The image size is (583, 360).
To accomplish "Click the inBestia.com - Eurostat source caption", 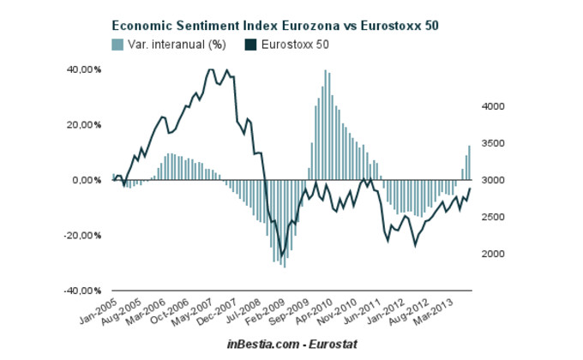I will [292, 344].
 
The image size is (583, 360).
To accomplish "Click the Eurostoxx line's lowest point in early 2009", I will [282, 255].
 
